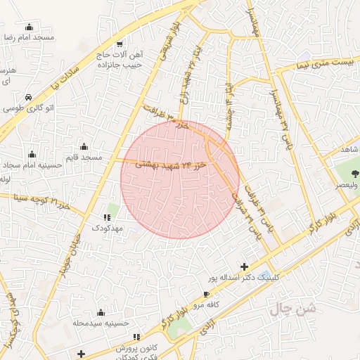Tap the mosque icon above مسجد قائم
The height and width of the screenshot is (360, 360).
[x=84, y=147]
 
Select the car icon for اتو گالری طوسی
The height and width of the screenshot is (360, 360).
[x=27, y=97]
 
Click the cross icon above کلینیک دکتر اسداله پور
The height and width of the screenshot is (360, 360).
[x=244, y=266]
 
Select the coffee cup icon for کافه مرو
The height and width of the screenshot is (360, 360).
[x=206, y=295]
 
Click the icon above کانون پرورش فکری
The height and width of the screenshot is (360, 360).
[x=138, y=337]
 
